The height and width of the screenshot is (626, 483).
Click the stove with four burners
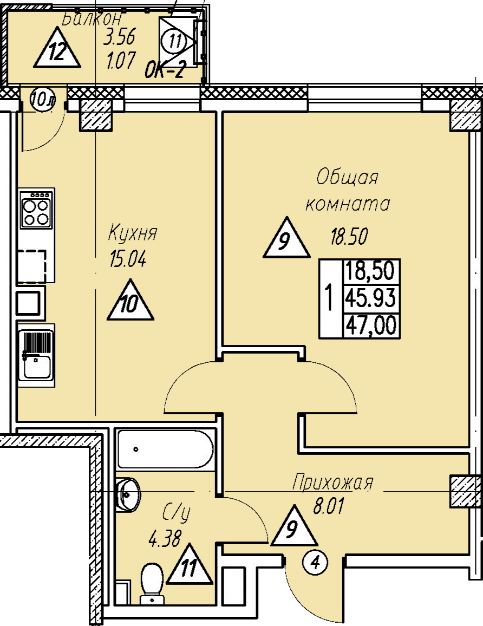click(x=36, y=209)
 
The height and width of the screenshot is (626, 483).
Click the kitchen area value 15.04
click(x=128, y=260)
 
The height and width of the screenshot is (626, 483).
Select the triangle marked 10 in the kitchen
click(x=130, y=302)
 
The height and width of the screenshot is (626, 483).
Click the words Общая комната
click(x=348, y=191)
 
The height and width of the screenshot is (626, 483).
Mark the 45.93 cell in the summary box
click(x=371, y=298)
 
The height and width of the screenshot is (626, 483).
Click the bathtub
click(x=165, y=449)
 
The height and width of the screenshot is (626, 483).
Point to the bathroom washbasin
click(x=129, y=493)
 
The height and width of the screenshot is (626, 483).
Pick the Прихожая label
click(x=332, y=482)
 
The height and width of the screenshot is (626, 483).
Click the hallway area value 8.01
click(x=329, y=508)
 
